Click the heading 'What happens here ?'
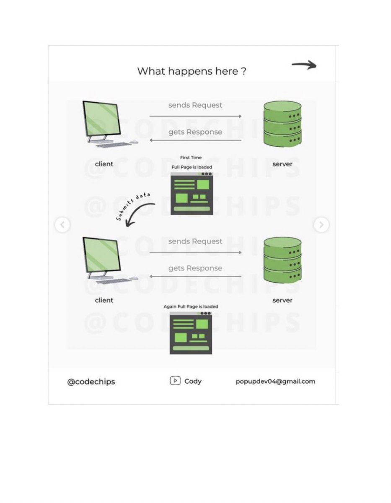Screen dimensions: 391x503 point(192,71)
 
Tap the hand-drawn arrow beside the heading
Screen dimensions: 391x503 point(304,65)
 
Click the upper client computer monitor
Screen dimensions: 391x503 point(102,118)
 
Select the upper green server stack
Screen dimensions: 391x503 point(282,124)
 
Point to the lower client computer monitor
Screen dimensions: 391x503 point(102,254)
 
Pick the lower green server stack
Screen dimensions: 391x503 point(282,260)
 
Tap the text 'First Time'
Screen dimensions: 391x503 point(191,158)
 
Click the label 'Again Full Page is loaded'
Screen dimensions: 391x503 point(191,306)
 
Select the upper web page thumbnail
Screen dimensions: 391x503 point(192,193)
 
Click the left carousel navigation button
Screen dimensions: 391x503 point(62,225)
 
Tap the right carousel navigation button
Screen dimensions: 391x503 point(321,225)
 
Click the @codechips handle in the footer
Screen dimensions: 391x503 point(91,382)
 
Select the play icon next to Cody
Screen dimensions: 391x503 point(175,381)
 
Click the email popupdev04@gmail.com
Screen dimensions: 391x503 point(275,381)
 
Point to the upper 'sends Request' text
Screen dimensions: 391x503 point(195,105)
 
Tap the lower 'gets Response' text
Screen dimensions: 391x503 point(195,268)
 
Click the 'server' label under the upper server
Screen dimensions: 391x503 point(282,164)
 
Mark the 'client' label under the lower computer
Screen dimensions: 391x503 point(104,300)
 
